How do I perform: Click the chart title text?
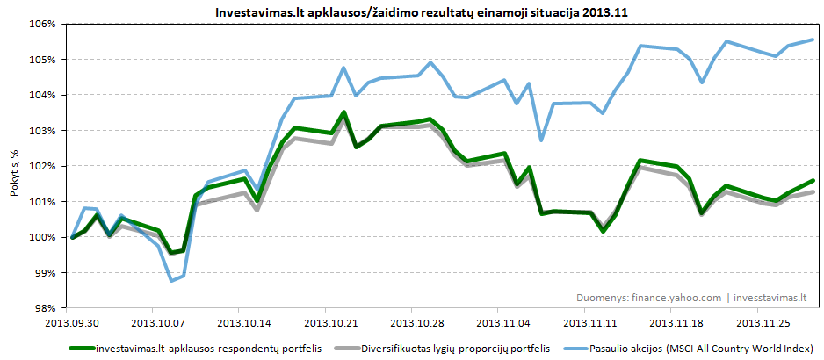tap(411, 13)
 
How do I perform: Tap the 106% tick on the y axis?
tap(46, 24)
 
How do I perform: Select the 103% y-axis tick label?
tap(46, 131)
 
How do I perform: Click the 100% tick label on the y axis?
tap(46, 237)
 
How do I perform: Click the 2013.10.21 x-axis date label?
tap(326, 322)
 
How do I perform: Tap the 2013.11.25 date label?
tap(758, 322)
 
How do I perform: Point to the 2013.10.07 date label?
tap(153, 322)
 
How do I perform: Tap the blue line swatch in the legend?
tap(575, 348)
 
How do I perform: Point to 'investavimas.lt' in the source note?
tap(769, 298)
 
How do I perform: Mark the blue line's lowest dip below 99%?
tap(171, 280)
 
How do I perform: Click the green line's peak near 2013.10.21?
tap(344, 112)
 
